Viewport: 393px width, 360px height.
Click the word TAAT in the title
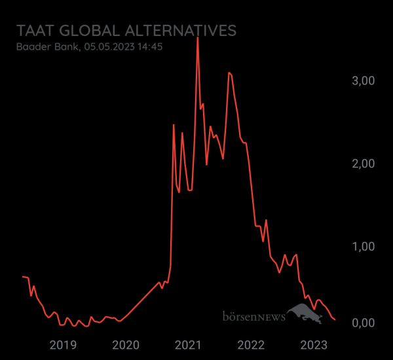(x=35, y=31)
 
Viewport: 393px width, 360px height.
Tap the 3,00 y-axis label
(x=363, y=81)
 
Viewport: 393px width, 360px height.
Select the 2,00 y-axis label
(x=363, y=163)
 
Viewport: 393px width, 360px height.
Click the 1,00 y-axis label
(x=363, y=246)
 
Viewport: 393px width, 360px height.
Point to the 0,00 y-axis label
(x=363, y=323)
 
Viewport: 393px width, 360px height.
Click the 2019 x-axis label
(x=63, y=345)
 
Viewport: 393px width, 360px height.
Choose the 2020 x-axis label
(x=126, y=345)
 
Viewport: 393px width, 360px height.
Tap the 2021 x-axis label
(x=189, y=345)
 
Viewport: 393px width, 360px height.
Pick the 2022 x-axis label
(x=251, y=345)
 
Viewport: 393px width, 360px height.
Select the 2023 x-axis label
(x=314, y=345)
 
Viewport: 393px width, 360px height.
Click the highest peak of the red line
(x=198, y=38)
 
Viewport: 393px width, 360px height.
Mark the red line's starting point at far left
(x=23, y=277)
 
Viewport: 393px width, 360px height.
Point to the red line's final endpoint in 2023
(x=335, y=319)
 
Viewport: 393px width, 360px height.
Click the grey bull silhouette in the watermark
(x=306, y=314)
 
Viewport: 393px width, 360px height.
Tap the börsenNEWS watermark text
(x=253, y=317)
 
